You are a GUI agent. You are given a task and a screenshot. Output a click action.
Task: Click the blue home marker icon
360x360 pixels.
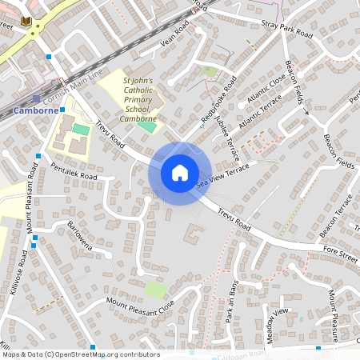click(x=179, y=172)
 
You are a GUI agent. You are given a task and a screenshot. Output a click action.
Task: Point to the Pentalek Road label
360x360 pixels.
click(x=74, y=171)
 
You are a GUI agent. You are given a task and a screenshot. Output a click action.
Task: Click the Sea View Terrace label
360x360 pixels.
click(x=223, y=175)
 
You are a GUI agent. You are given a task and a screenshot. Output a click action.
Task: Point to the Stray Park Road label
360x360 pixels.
click(x=285, y=30)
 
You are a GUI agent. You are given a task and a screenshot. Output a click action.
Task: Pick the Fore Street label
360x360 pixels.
click(x=340, y=256)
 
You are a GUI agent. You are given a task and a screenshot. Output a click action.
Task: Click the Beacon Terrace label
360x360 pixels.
click(x=336, y=218)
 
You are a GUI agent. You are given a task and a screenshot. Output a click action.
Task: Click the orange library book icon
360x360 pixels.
click(x=26, y=20)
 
